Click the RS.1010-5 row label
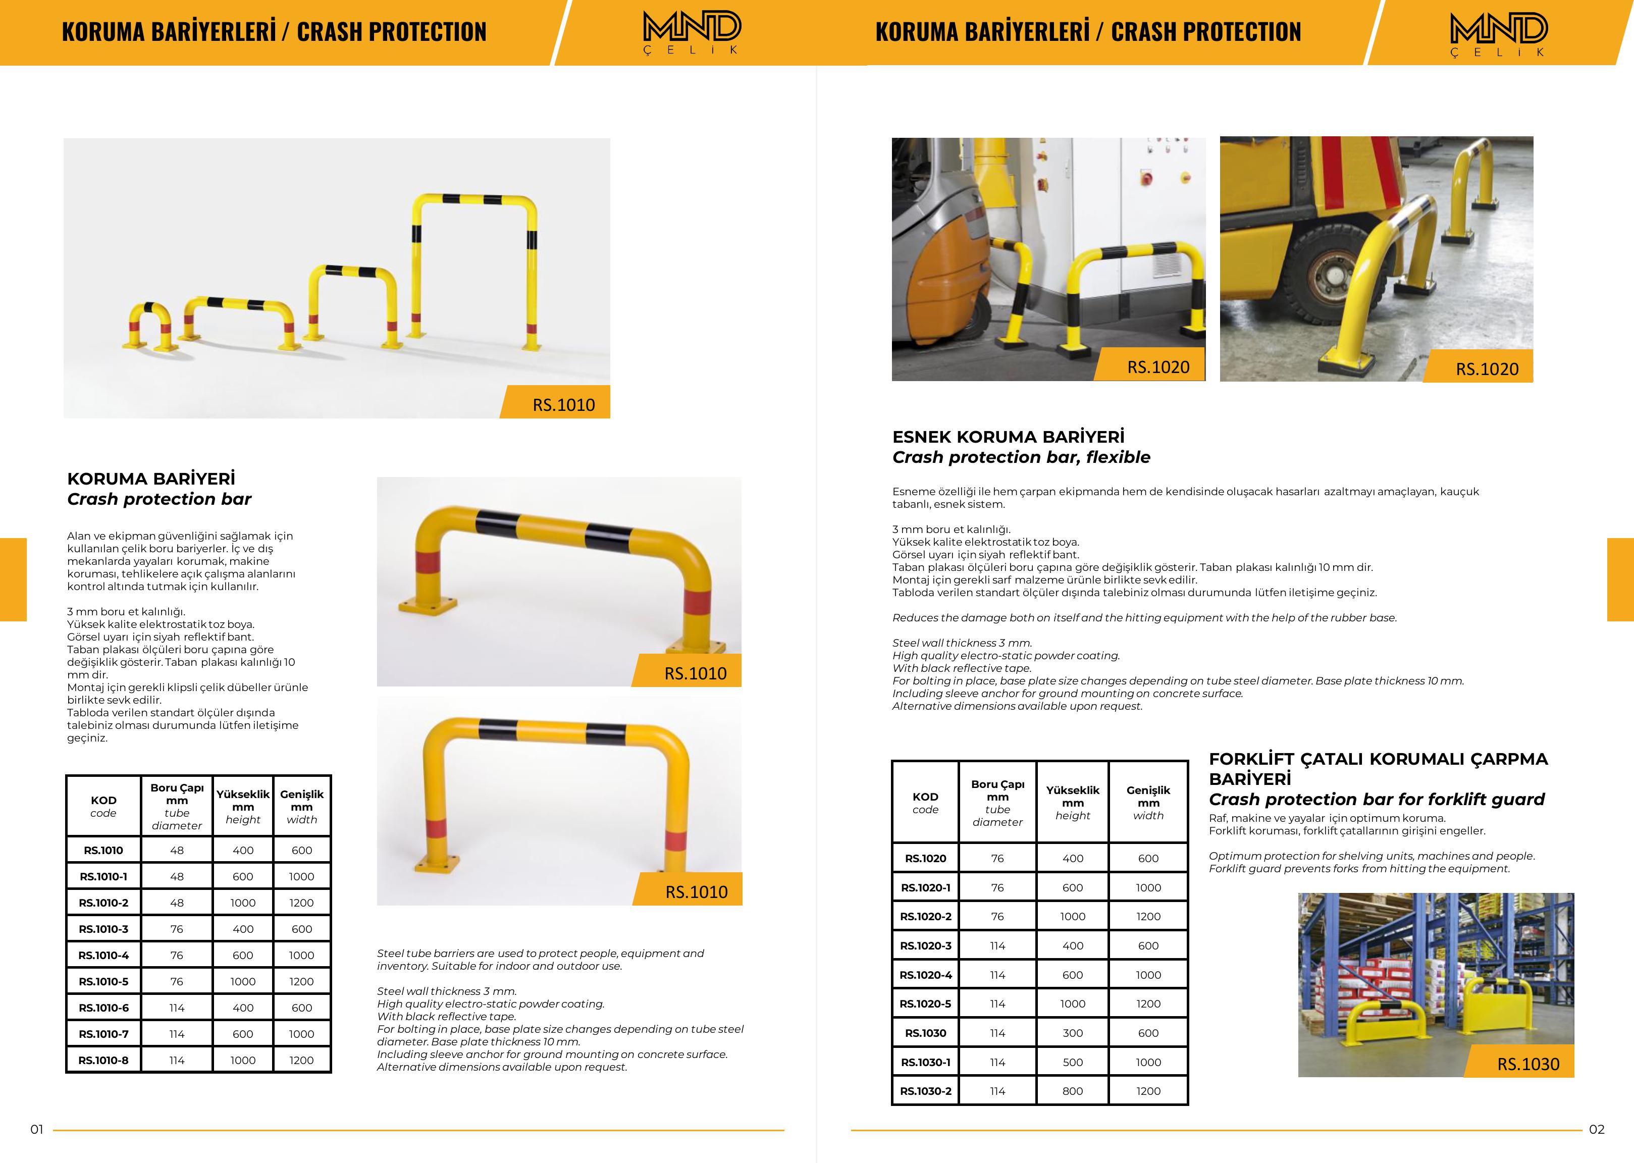tap(104, 981)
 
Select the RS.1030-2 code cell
tap(925, 1091)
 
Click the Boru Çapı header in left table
tap(177, 806)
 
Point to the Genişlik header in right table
tap(1148, 802)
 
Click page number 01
tap(36, 1129)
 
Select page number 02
tap(1596, 1129)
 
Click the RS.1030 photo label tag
tap(1527, 1064)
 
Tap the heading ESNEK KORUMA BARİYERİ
tap(1008, 437)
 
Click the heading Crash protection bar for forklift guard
tap(1376, 799)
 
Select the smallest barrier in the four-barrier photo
tap(149, 326)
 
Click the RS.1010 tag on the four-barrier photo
tap(563, 405)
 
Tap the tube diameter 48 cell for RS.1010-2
tap(177, 903)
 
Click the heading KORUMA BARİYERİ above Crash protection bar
tap(151, 479)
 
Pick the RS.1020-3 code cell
tap(925, 945)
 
